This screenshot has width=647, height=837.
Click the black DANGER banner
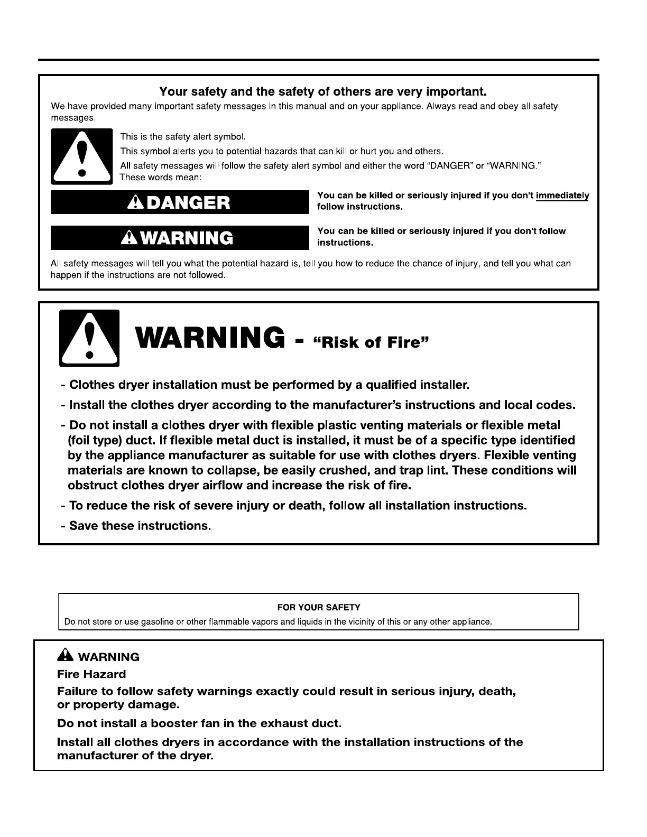(179, 202)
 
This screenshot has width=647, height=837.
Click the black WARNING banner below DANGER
(179, 238)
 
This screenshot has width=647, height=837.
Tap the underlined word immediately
(562, 196)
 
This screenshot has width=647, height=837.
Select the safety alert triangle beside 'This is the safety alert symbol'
(81, 156)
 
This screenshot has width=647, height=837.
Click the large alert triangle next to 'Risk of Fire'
(89, 338)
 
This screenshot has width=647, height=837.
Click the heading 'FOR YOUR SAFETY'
(318, 608)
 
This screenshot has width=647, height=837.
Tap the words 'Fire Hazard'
(91, 674)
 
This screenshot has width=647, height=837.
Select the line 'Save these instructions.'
(136, 526)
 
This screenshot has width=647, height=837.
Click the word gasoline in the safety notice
(158, 622)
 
